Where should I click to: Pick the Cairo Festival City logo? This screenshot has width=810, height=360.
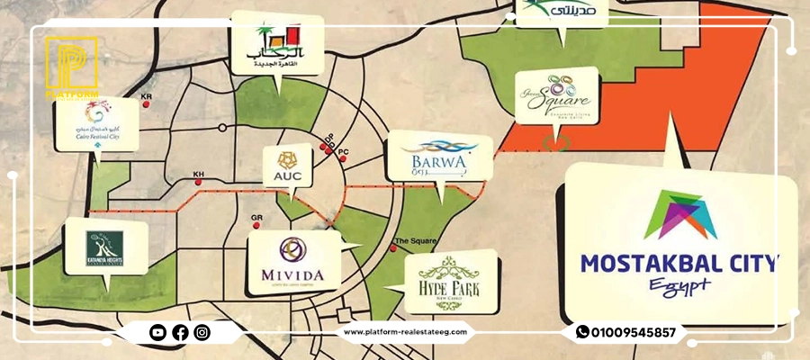[x=96, y=125]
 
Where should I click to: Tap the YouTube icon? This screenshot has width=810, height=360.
[x=157, y=333]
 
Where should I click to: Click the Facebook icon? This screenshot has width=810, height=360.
[x=180, y=333]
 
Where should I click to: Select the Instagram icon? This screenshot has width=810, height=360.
[x=202, y=333]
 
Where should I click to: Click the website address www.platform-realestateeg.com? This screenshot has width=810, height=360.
[x=406, y=332]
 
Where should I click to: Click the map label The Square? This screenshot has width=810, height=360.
[x=416, y=241]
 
